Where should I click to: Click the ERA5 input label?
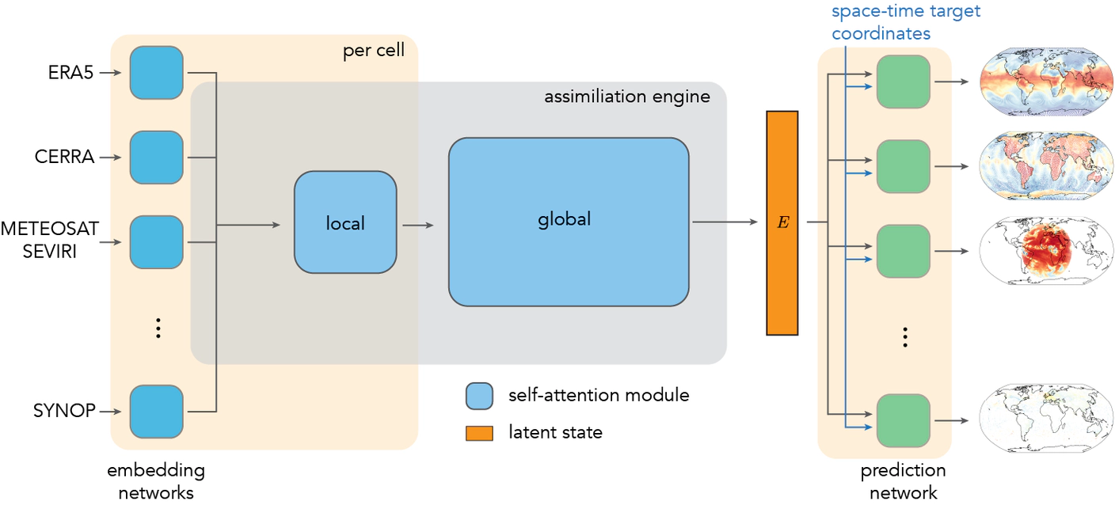pos(71,73)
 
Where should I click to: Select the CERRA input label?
pos(64,158)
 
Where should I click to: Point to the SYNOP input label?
pos(64,411)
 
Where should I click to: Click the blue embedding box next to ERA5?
pos(157,73)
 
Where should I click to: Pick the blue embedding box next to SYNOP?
pos(157,411)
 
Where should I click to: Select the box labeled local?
pos(345,223)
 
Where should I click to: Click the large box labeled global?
pos(569,222)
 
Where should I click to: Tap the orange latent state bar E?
pos(782,222)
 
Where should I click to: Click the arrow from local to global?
pos(418,225)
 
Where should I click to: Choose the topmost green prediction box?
pos(903,82)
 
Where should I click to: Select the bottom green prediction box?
pos(903,420)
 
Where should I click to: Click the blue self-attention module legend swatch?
pos(479,396)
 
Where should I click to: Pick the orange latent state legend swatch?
pos(479,433)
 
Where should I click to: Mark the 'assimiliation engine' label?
pos(626,97)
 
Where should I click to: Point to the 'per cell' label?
pos(373,51)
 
